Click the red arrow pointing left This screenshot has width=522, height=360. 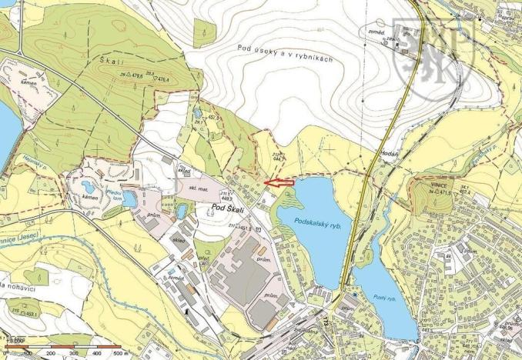click(x=279, y=182)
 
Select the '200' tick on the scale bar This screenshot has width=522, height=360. click(x=51, y=354)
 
